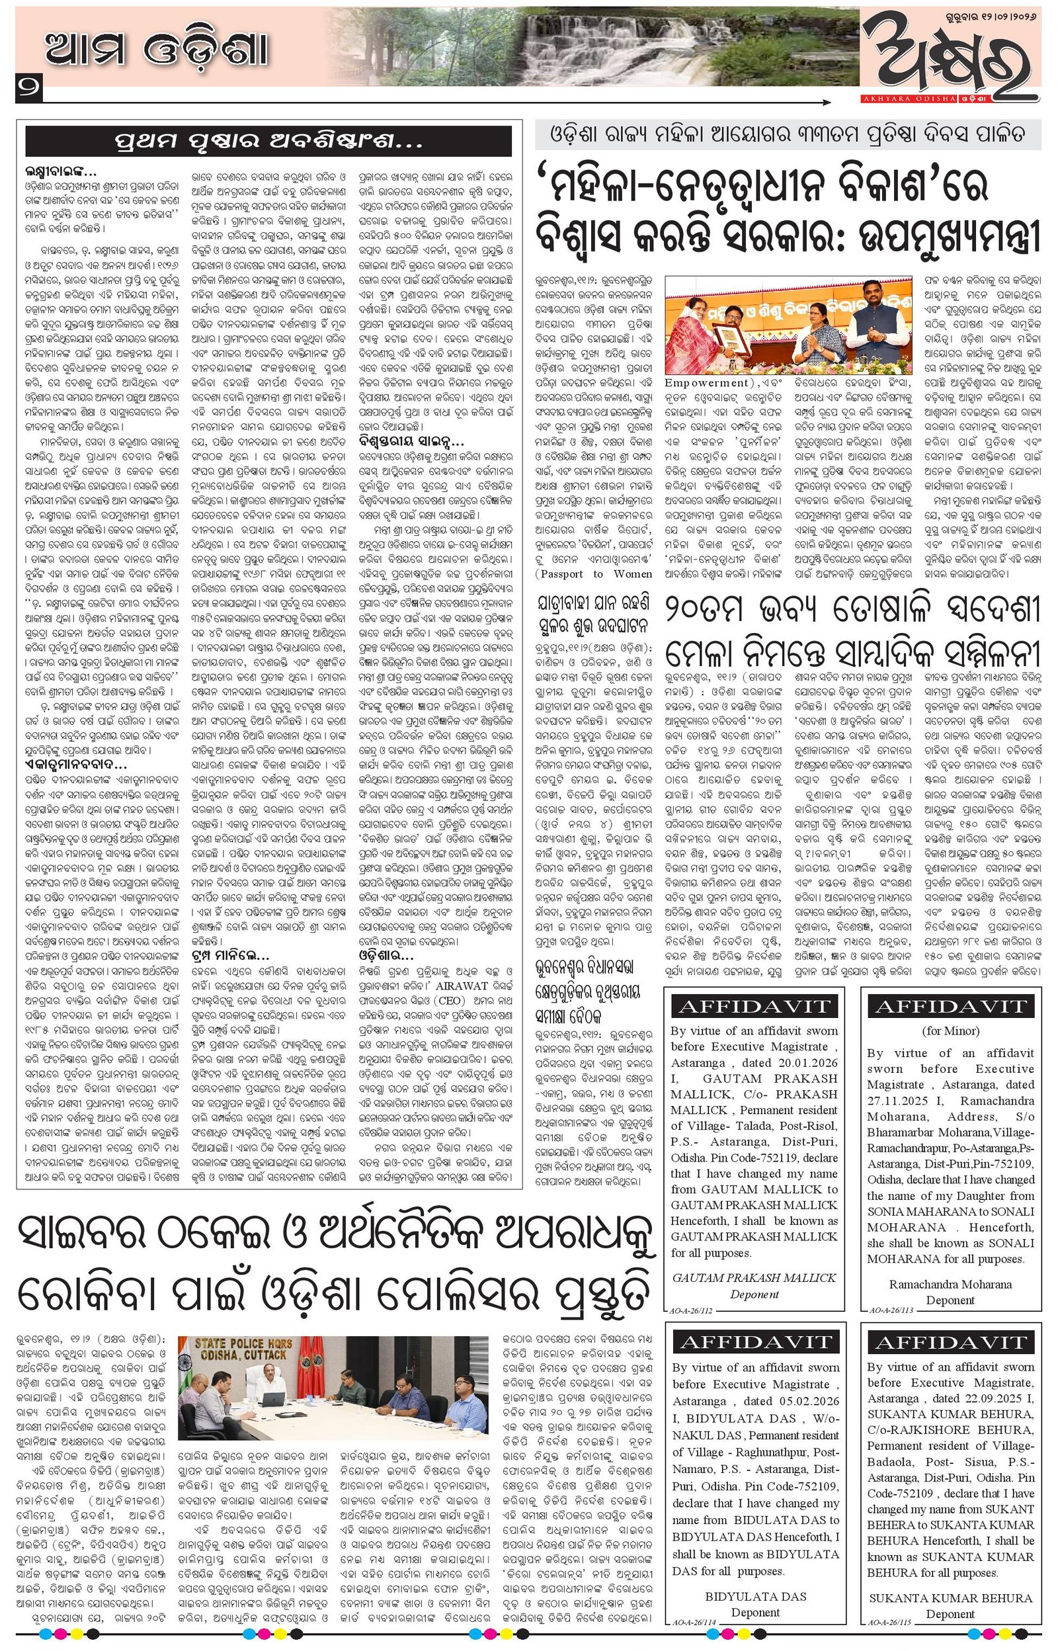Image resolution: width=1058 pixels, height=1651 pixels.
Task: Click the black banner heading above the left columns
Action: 268,144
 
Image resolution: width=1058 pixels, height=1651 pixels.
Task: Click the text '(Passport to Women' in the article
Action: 595,573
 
